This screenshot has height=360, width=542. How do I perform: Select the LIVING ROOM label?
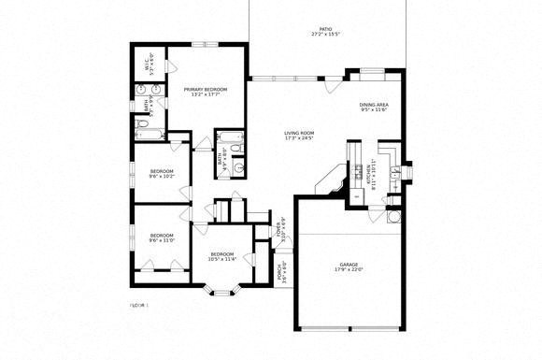pyautogui.click(x=299, y=134)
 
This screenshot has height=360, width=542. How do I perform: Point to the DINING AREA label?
pyautogui.click(x=379, y=105)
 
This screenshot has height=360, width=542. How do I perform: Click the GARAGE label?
pyautogui.click(x=349, y=265)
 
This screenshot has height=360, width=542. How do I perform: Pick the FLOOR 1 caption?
pyautogui.click(x=138, y=305)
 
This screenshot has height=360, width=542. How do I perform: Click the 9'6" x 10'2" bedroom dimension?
pyautogui.click(x=162, y=176)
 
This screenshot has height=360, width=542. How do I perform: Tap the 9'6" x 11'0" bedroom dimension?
pyautogui.click(x=162, y=240)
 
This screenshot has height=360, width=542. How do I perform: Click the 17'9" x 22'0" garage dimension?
pyautogui.click(x=349, y=270)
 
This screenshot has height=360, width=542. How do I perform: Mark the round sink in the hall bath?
pyautogui.click(x=238, y=168)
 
